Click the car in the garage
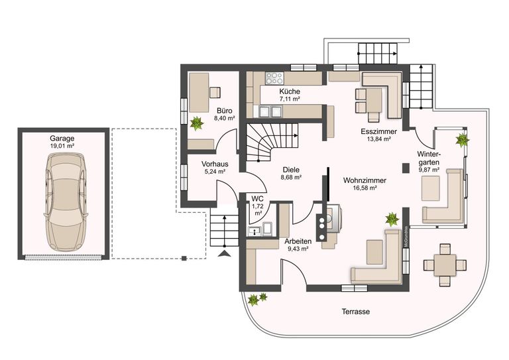[x=66, y=202]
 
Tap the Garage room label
[x=62, y=139]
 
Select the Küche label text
[x=290, y=91]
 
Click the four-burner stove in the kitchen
[x=274, y=78]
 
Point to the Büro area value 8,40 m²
[x=224, y=119]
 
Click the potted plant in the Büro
[x=196, y=124]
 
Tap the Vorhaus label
[x=215, y=164]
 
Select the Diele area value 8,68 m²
[x=291, y=178]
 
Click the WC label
[x=257, y=199]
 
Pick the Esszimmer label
[x=379, y=131]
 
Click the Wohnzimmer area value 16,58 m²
[x=365, y=188]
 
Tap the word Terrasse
[x=355, y=312]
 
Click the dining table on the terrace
[x=445, y=265]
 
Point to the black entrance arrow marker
[x=225, y=254]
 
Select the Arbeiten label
[x=298, y=241]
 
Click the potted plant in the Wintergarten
[x=462, y=141]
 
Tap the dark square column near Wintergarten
[x=406, y=168]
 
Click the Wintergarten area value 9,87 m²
[x=429, y=170]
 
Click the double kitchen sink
[x=270, y=111]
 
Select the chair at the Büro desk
[x=215, y=93]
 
